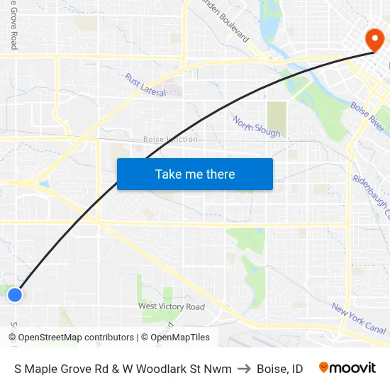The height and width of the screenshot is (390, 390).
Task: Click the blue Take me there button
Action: pos(195,174)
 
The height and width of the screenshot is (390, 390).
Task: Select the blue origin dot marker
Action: pos(15,294)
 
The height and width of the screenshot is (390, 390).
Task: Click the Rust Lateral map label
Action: pos(145,85)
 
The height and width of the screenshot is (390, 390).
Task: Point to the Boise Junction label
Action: pos(170,139)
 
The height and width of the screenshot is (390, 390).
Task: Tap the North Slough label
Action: pos(257,127)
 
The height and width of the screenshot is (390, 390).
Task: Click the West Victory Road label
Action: pos(172,306)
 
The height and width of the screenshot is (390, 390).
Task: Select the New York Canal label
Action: pos(359,318)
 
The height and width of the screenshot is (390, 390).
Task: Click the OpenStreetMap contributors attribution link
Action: pos(76,338)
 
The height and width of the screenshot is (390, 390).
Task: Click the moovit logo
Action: pos(347,368)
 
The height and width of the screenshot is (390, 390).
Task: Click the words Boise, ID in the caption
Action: pos(280,369)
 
